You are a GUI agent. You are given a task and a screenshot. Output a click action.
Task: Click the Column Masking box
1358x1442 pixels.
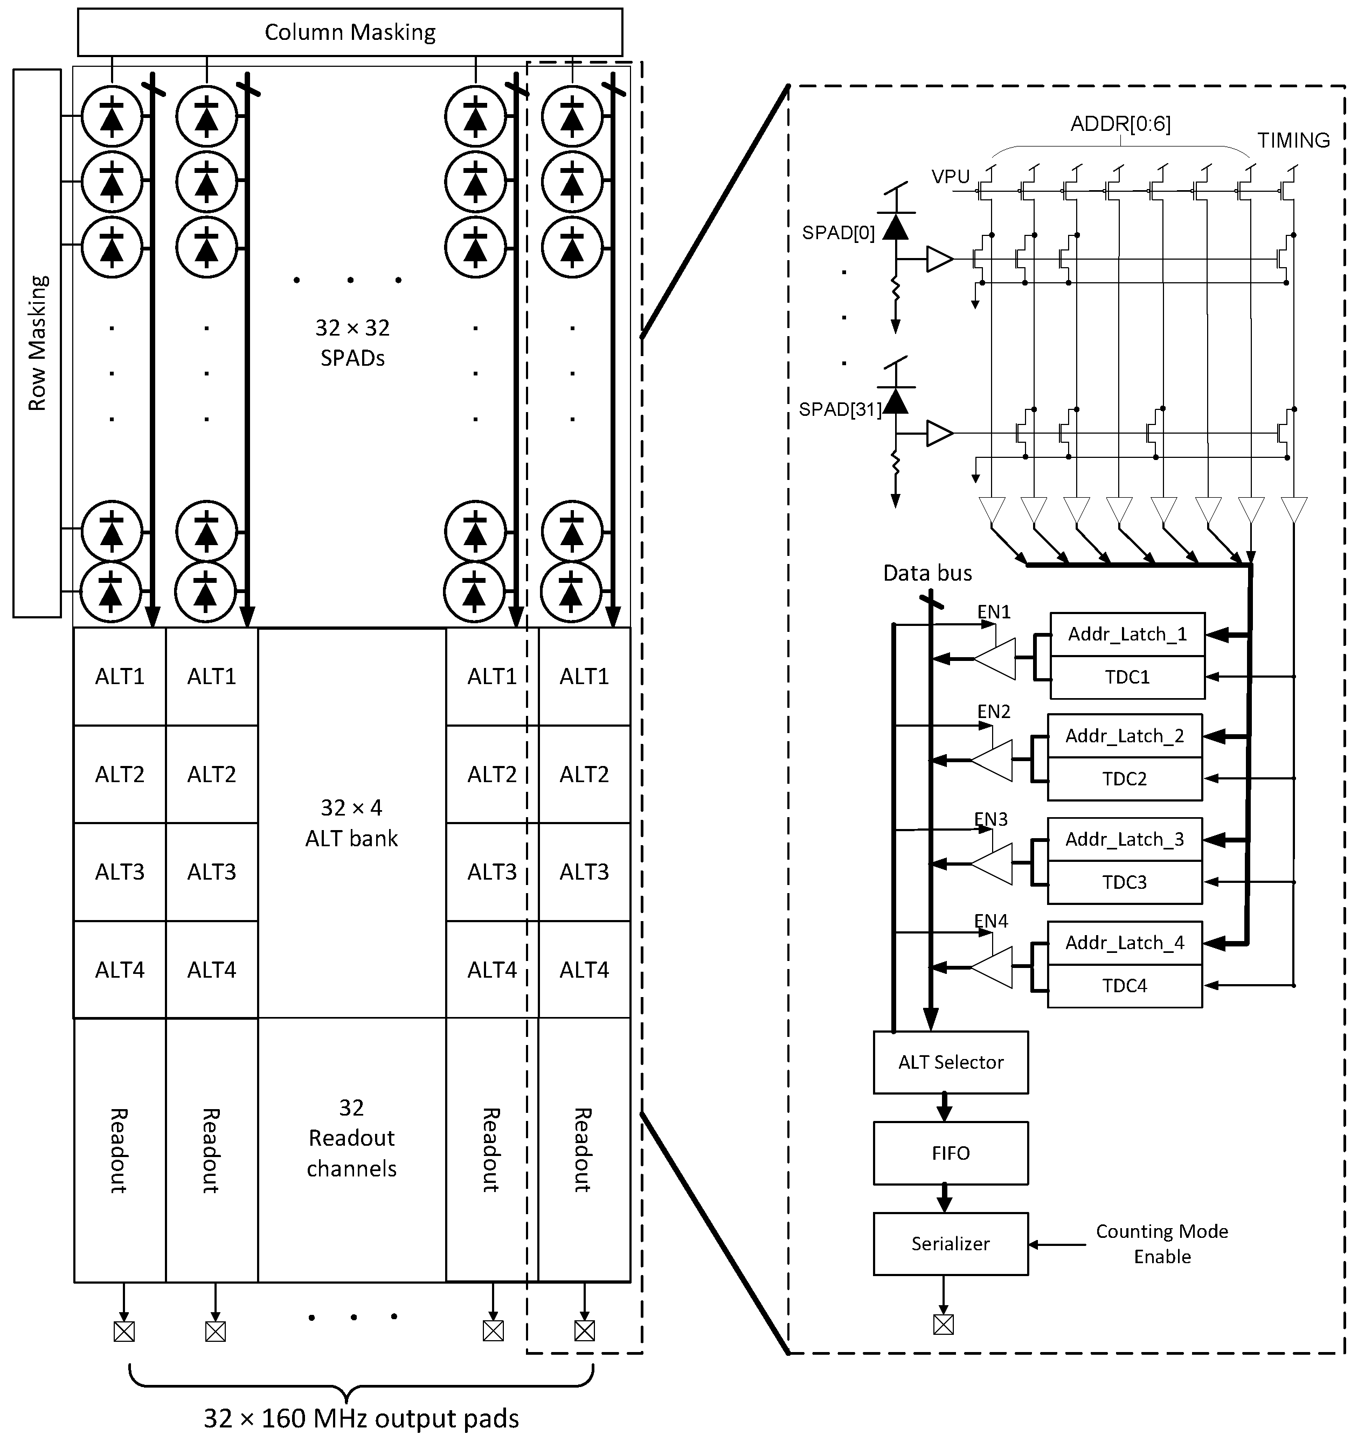[350, 32]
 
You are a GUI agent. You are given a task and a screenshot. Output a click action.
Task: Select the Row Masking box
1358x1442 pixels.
[36, 343]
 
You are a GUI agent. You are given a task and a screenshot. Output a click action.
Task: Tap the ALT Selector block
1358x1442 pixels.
[950, 1063]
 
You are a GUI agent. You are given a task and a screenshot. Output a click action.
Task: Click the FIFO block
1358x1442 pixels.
[950, 1153]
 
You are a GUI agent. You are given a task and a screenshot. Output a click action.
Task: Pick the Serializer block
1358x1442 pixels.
[950, 1244]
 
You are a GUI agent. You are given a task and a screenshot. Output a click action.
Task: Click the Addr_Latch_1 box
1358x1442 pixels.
[1127, 635]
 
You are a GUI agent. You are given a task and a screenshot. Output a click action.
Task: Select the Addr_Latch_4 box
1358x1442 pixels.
[1124, 943]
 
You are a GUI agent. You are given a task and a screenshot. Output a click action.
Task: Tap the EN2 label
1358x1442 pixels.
[994, 712]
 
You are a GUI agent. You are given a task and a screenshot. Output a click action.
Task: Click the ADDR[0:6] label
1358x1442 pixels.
[1120, 124]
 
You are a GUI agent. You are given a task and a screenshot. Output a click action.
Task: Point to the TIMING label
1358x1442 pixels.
[1293, 141]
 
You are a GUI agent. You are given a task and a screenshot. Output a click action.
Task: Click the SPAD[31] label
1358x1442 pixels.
[840, 410]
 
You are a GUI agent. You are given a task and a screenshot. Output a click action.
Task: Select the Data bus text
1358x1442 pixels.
[927, 574]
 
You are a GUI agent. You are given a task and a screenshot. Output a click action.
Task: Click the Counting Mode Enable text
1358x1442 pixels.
[1162, 1244]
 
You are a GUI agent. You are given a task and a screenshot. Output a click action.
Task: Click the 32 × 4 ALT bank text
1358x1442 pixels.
[351, 823]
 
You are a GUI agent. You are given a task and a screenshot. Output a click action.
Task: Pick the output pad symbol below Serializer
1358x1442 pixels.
[943, 1325]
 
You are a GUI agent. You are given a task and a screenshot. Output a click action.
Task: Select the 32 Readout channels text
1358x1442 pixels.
[351, 1138]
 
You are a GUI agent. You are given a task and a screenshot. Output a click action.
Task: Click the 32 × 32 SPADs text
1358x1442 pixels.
[352, 343]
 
